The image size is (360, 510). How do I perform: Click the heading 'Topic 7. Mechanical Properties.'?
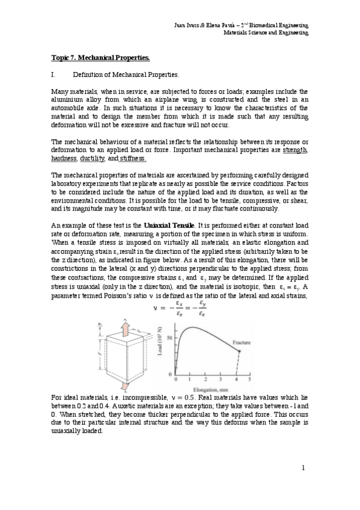[100, 58]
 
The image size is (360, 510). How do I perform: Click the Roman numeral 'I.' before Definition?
[55, 75]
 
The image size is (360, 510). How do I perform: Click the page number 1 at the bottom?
[304, 468]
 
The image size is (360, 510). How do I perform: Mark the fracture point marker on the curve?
[239, 351]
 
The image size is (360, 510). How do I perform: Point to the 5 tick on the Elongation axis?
[249, 380]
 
